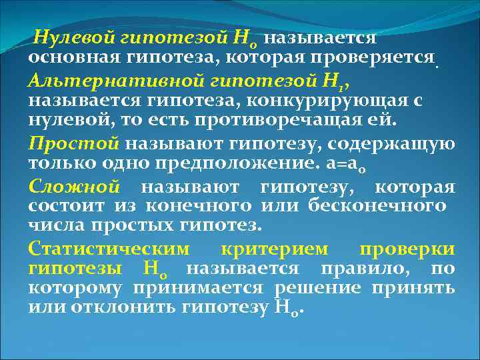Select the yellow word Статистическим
[x=109, y=249]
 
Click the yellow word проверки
[x=407, y=249]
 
